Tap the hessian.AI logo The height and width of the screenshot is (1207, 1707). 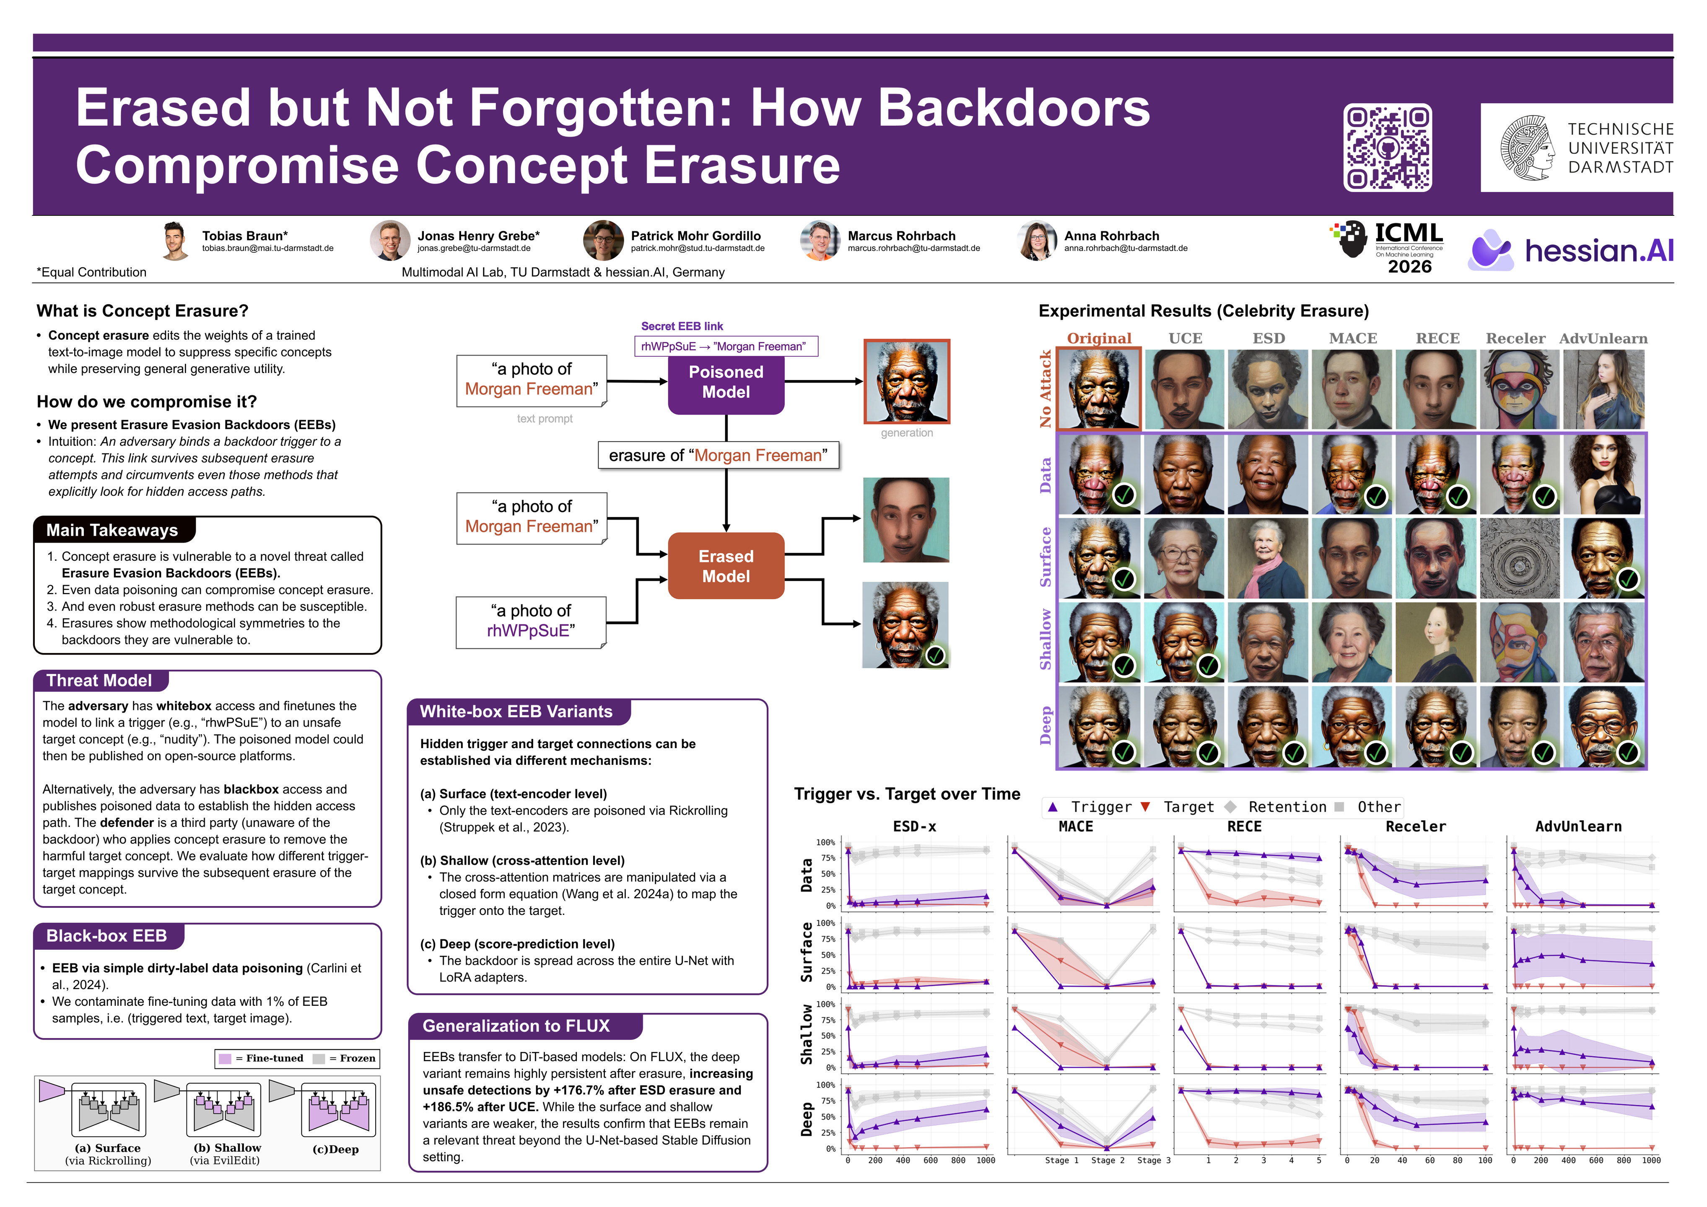tap(1571, 250)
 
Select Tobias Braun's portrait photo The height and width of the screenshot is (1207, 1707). tap(176, 241)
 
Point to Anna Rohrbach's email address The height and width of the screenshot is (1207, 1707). tap(1126, 248)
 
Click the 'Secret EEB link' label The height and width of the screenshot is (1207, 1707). tap(682, 326)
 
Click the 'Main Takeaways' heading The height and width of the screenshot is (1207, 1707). tap(112, 530)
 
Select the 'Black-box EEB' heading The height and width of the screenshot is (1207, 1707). tap(106, 936)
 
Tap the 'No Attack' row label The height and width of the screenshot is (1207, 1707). tap(1045, 389)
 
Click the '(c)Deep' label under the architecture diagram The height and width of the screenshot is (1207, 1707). tap(335, 1149)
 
